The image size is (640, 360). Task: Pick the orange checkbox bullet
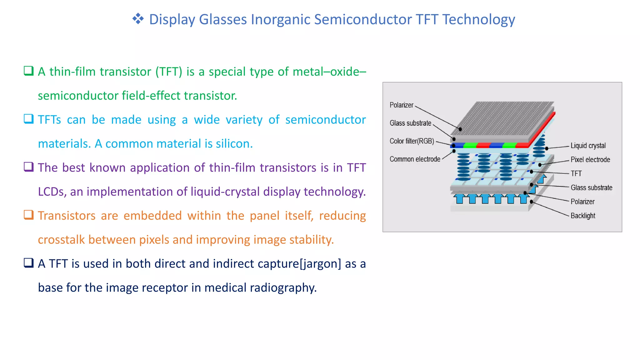click(x=29, y=215)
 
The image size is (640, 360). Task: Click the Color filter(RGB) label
click(x=412, y=141)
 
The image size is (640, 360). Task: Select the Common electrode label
click(x=415, y=159)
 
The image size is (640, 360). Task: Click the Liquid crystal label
click(x=588, y=146)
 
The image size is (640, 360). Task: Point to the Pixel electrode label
click(x=590, y=160)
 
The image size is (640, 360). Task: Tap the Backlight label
click(x=583, y=216)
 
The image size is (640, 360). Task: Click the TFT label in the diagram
click(x=576, y=174)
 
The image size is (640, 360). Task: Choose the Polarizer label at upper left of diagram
click(x=401, y=105)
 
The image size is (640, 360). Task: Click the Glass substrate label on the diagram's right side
click(x=591, y=187)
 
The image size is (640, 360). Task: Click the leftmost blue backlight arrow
click(x=459, y=199)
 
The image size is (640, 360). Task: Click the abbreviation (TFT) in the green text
click(x=169, y=72)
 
